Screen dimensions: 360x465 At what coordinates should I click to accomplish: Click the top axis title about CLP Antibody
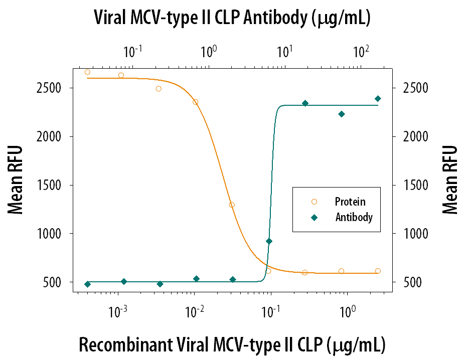click(x=232, y=19)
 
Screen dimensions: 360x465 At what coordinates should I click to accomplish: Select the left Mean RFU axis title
click(x=16, y=180)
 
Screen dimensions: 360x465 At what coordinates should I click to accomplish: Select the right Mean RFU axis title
click(x=450, y=180)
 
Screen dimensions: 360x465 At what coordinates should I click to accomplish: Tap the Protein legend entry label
click(x=350, y=202)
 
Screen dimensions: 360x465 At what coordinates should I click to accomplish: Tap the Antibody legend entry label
click(x=354, y=217)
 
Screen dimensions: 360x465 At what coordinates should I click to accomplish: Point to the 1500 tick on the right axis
click(x=407, y=185)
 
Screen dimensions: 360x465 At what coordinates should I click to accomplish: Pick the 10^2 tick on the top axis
click(x=361, y=51)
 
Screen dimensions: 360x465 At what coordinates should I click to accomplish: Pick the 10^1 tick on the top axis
click(x=285, y=51)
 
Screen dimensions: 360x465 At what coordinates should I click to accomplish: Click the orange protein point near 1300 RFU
click(x=232, y=205)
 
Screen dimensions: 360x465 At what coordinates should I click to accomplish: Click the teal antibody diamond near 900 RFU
click(x=269, y=241)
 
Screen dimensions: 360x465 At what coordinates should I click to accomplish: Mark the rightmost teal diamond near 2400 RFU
click(x=378, y=98)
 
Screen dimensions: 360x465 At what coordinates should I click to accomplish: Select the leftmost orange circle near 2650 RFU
click(x=87, y=72)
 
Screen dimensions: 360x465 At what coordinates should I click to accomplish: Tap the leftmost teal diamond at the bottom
click(x=87, y=284)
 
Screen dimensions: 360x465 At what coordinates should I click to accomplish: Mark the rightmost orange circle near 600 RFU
click(x=378, y=271)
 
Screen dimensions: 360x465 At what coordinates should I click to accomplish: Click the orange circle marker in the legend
click(x=314, y=202)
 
